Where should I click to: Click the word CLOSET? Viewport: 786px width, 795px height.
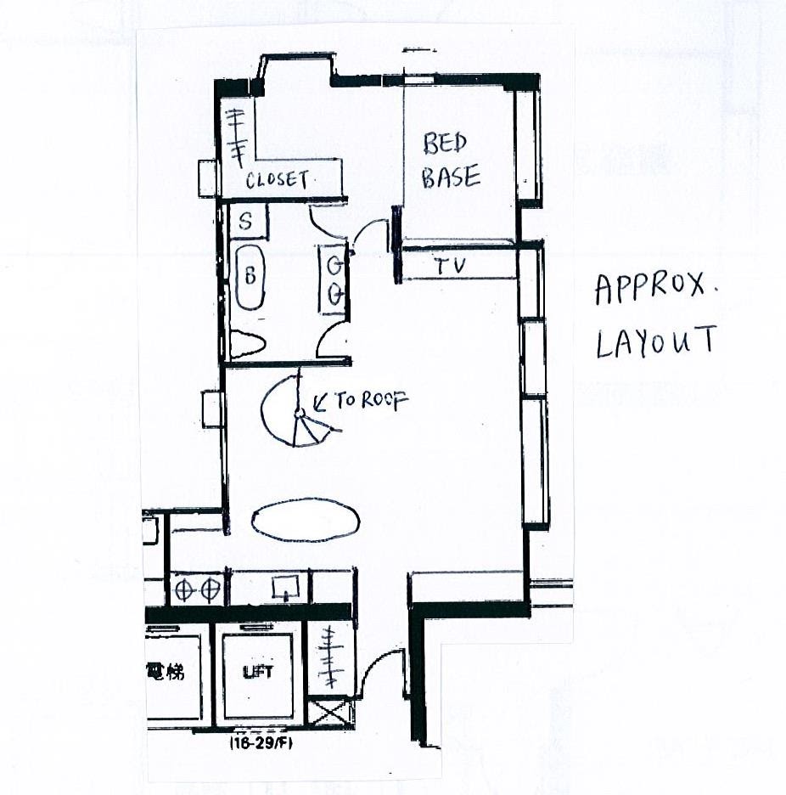pos(278,180)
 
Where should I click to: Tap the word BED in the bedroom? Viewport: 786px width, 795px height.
pos(445,144)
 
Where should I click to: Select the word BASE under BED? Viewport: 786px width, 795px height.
pos(451,178)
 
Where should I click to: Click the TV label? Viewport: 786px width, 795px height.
pos(451,266)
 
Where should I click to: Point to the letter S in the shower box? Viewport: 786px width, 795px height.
pos(245,221)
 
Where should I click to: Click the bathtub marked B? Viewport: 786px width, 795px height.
pos(250,277)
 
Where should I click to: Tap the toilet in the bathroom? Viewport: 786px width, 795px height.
pos(247,345)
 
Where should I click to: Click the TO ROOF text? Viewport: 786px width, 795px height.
pos(371,401)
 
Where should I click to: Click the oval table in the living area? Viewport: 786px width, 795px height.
pos(306,521)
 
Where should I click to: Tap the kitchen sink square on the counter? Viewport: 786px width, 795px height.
pos(285,588)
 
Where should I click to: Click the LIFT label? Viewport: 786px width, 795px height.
pos(258,673)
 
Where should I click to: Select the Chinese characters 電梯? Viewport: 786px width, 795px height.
pos(166,671)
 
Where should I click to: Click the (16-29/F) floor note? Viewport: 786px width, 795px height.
pos(261,743)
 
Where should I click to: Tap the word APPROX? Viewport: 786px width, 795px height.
pos(650,290)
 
